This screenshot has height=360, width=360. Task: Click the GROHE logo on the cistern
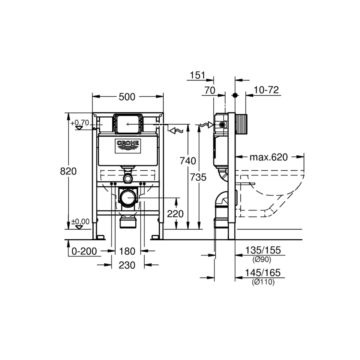click(128, 146)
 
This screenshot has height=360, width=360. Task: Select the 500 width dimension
click(127, 97)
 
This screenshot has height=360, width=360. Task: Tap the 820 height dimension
click(68, 171)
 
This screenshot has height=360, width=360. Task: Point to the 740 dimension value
click(188, 161)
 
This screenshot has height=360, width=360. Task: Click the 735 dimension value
click(198, 177)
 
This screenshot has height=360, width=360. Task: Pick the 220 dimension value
click(175, 214)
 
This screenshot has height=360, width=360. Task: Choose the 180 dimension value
click(127, 251)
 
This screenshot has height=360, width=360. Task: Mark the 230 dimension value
click(127, 265)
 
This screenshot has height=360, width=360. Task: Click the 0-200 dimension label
click(84, 251)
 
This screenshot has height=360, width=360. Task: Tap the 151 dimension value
click(197, 75)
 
